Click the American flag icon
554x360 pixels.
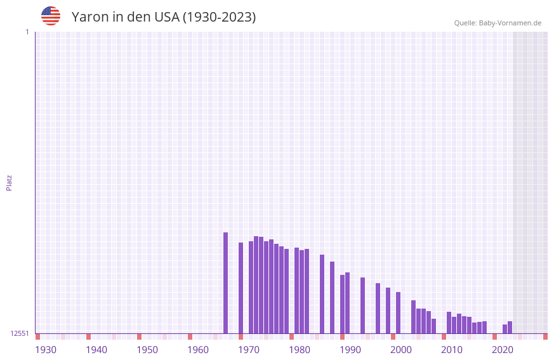[51, 16]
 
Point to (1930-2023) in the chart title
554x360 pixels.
[220, 17]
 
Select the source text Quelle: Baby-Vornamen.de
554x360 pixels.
[498, 23]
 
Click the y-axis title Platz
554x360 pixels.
[9, 182]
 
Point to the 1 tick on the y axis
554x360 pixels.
[27, 32]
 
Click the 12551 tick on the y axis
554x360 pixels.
[19, 333]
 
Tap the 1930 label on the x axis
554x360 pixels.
[46, 350]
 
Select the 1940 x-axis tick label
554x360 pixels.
[96, 350]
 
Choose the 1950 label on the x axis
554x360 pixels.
[147, 350]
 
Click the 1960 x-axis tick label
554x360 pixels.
[198, 350]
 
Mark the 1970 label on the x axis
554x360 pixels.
[249, 350]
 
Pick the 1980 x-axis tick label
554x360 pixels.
[300, 350]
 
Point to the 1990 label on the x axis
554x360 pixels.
[350, 350]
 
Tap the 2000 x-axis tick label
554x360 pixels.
[401, 350]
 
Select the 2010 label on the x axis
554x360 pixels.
[452, 350]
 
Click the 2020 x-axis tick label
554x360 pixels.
[503, 350]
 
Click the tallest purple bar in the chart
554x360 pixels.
[225, 283]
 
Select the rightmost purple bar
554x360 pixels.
[510, 328]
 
